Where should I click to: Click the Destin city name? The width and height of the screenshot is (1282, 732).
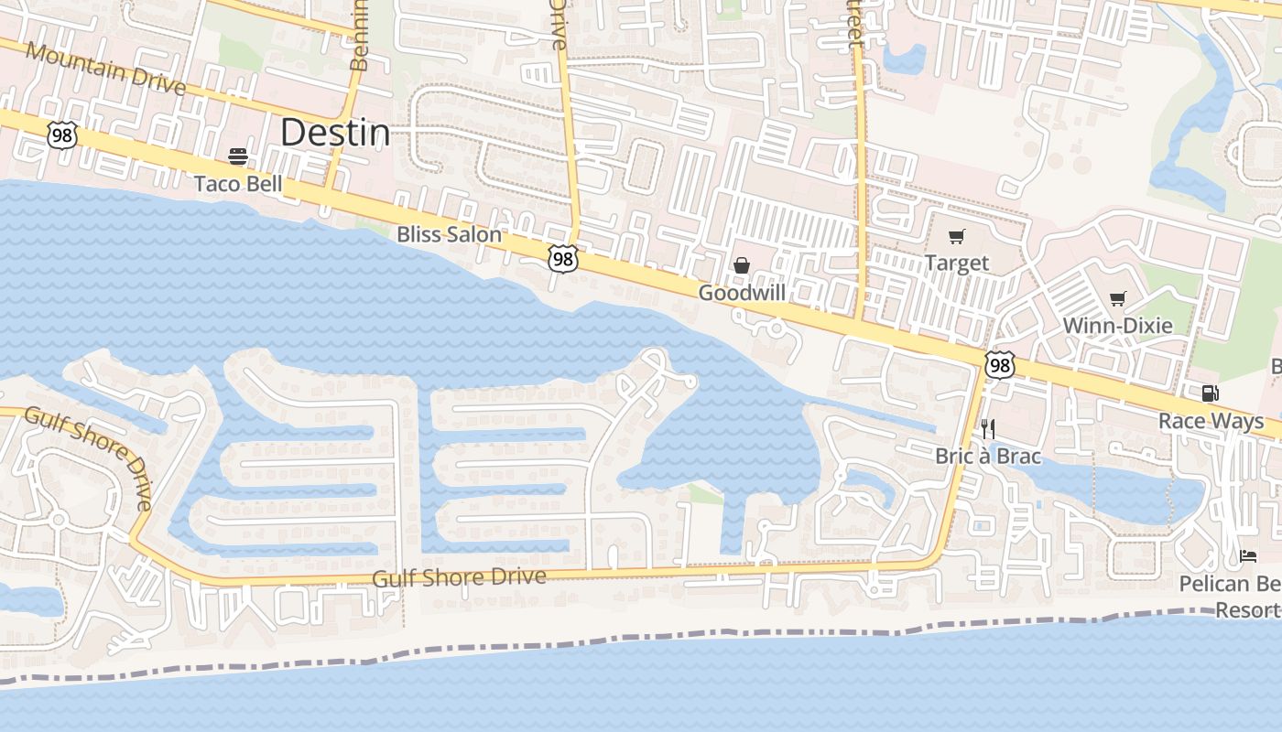[335, 134]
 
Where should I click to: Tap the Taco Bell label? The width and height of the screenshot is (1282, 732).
[238, 184]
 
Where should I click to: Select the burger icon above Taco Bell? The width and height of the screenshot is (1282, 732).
[238, 156]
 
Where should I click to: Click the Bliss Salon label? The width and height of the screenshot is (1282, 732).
[449, 234]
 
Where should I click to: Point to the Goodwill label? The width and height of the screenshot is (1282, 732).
[741, 293]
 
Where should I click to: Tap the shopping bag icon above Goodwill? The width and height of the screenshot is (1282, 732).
[742, 265]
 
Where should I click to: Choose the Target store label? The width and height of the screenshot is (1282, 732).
[956, 264]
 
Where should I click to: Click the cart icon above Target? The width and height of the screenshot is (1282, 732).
[957, 237]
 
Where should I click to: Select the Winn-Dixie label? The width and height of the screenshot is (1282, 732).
[1117, 326]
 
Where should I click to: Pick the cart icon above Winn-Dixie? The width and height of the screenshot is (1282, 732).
[1117, 298]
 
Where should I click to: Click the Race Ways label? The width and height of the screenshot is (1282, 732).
[1211, 421]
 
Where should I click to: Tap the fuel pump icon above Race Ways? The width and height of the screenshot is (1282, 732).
[1210, 393]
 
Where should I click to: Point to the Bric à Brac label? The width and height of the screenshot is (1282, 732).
[987, 456]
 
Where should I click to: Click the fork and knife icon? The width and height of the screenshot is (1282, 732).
[987, 428]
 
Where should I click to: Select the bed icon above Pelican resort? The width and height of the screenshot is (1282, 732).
[1248, 555]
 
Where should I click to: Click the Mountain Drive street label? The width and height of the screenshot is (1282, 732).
[105, 69]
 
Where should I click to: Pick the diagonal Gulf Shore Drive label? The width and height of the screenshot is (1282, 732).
[89, 457]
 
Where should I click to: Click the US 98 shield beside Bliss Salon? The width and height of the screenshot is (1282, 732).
[563, 259]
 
